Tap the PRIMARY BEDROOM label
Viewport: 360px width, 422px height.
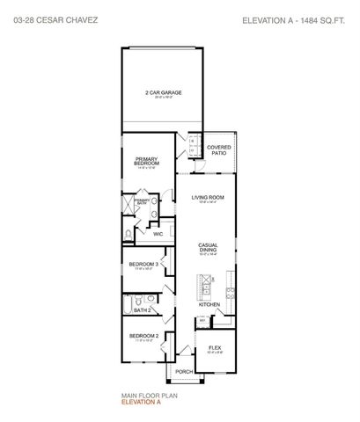coord(147,161)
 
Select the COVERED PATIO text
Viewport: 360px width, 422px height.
coord(219,149)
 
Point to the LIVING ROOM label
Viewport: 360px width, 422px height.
coord(209,198)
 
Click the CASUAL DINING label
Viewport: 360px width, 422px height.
coord(208,247)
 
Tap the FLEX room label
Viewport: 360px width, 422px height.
coord(214,346)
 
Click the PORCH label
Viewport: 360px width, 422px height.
coord(184,371)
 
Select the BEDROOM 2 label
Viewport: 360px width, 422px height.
coord(144,336)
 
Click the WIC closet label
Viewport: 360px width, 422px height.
coord(158,234)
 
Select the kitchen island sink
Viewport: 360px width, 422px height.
coord(204,286)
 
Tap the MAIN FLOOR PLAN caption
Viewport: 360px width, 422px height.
coord(143,397)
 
